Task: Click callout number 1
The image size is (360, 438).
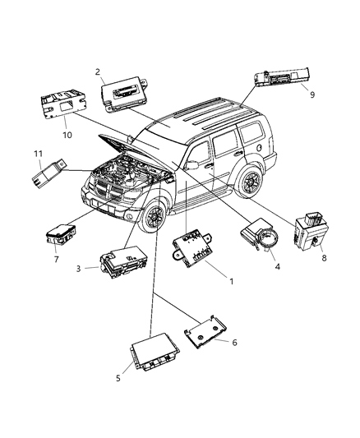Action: pyautogui.click(x=231, y=282)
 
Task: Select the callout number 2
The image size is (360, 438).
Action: pyautogui.click(x=97, y=72)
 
